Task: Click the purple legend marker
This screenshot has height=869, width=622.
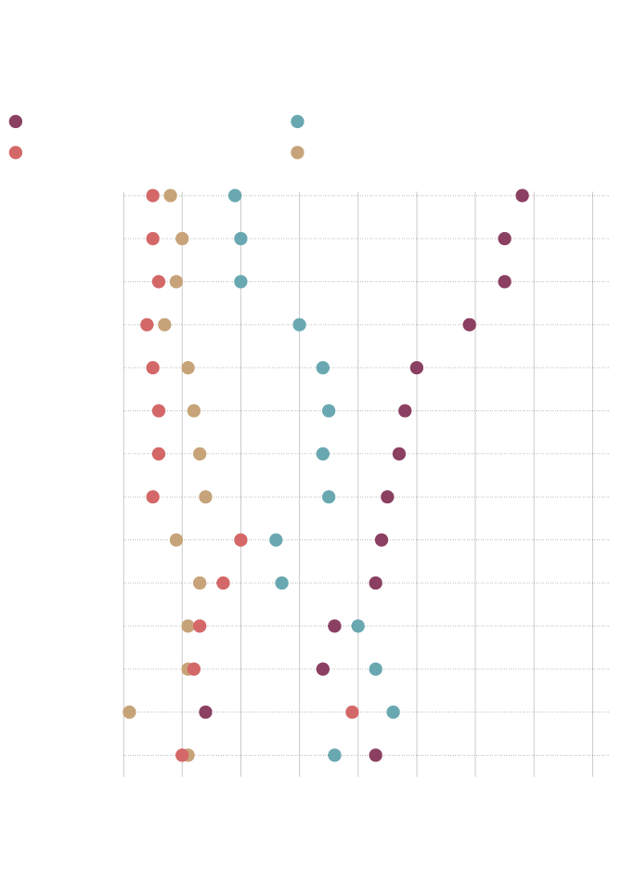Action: (16, 122)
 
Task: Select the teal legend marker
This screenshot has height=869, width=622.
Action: (297, 122)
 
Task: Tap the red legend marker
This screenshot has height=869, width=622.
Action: (16, 152)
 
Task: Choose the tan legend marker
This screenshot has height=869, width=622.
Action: (297, 152)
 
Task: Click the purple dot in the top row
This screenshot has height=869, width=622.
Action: (523, 196)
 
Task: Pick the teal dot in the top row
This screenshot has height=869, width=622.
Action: (235, 196)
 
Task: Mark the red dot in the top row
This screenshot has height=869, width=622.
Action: (153, 196)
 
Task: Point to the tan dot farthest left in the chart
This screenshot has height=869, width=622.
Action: (129, 712)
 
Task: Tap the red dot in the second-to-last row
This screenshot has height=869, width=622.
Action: (352, 712)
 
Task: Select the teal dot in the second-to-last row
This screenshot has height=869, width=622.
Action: (394, 712)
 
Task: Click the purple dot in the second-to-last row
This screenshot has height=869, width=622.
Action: (205, 712)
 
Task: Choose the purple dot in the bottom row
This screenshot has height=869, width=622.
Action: (376, 755)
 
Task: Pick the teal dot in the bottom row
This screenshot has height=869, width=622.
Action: (334, 755)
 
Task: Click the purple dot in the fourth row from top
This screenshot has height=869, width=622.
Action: (470, 325)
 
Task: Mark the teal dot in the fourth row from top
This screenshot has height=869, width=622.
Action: (299, 325)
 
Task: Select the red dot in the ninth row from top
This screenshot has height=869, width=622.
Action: (241, 540)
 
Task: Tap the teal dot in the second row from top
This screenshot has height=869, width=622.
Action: (241, 239)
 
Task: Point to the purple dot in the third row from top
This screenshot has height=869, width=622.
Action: (505, 281)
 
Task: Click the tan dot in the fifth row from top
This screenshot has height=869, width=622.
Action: (188, 368)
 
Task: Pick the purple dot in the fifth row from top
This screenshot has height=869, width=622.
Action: (417, 368)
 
